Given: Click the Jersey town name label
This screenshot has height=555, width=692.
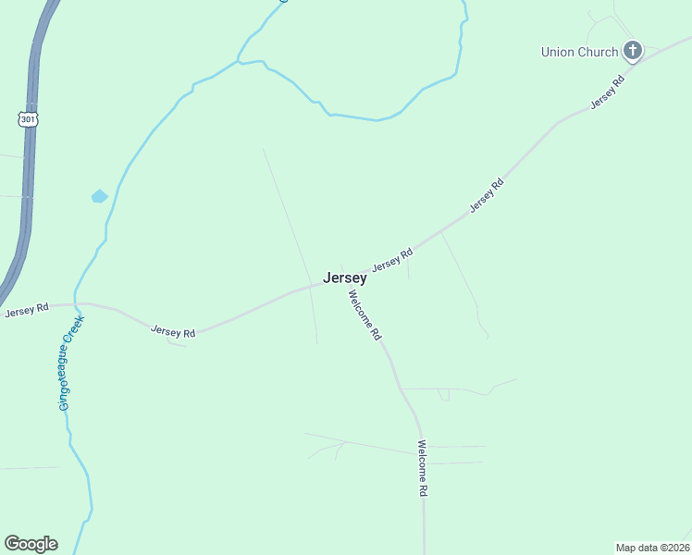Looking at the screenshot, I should [345, 277].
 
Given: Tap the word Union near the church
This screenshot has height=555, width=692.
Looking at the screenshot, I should [559, 52].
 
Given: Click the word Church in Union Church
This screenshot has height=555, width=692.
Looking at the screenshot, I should [598, 52].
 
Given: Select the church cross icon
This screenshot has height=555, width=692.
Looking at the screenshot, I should [633, 51].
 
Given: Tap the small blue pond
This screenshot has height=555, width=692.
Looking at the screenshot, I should [99, 196].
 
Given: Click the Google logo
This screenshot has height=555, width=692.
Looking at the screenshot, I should [31, 544].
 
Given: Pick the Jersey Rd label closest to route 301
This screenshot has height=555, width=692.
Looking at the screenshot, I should [26, 311].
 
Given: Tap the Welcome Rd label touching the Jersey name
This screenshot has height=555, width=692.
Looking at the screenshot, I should [365, 316].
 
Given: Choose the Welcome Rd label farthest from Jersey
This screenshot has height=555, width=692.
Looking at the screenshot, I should [422, 468].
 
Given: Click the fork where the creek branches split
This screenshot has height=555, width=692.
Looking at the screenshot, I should [239, 61].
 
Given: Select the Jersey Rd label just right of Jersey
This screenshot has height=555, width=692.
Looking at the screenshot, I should [392, 259].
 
